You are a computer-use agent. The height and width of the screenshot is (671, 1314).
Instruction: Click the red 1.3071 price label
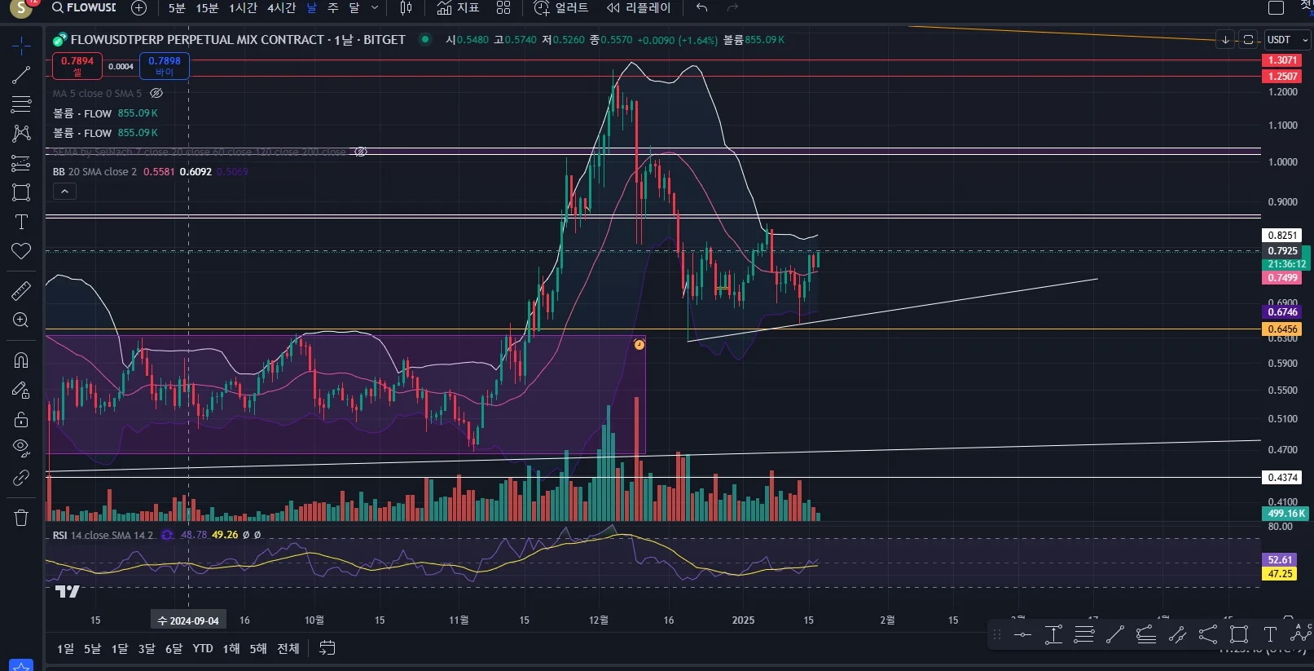[x=1282, y=60]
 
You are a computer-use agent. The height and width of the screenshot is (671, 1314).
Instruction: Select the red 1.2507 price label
[x=1282, y=77]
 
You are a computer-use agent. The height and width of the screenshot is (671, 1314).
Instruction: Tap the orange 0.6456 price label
[x=1282, y=329]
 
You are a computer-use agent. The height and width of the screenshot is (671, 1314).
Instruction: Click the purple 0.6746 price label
[x=1282, y=312]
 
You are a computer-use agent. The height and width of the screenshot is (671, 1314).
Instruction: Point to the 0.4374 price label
[x=1282, y=478]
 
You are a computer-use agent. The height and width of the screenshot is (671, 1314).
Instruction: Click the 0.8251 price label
[x=1282, y=236]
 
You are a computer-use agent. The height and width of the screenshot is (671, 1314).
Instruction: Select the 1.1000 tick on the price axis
[x=1282, y=126]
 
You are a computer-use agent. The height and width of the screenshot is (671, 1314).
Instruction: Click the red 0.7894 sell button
[x=77, y=65]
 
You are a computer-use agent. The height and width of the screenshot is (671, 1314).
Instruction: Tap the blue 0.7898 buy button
[x=165, y=65]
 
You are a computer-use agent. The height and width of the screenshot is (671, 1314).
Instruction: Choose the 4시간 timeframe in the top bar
[x=281, y=8]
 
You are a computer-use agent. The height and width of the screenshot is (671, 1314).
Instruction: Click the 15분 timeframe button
[x=207, y=8]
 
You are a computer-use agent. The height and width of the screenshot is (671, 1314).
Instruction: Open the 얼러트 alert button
[x=561, y=8]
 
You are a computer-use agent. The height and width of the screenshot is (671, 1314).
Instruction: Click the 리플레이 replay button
[x=639, y=8]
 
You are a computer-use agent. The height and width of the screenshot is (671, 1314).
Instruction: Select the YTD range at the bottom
[x=202, y=649]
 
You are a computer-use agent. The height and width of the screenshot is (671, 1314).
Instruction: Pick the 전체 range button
[x=288, y=649]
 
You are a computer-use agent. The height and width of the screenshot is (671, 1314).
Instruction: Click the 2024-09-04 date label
[x=188, y=620]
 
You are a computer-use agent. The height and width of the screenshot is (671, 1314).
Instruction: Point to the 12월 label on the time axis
[x=599, y=620]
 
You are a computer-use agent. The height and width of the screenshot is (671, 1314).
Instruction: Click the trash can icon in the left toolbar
[x=21, y=518]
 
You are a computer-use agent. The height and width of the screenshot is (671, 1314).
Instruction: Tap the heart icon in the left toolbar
[x=21, y=251]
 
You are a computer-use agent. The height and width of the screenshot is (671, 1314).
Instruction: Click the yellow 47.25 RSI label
[x=1280, y=574]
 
